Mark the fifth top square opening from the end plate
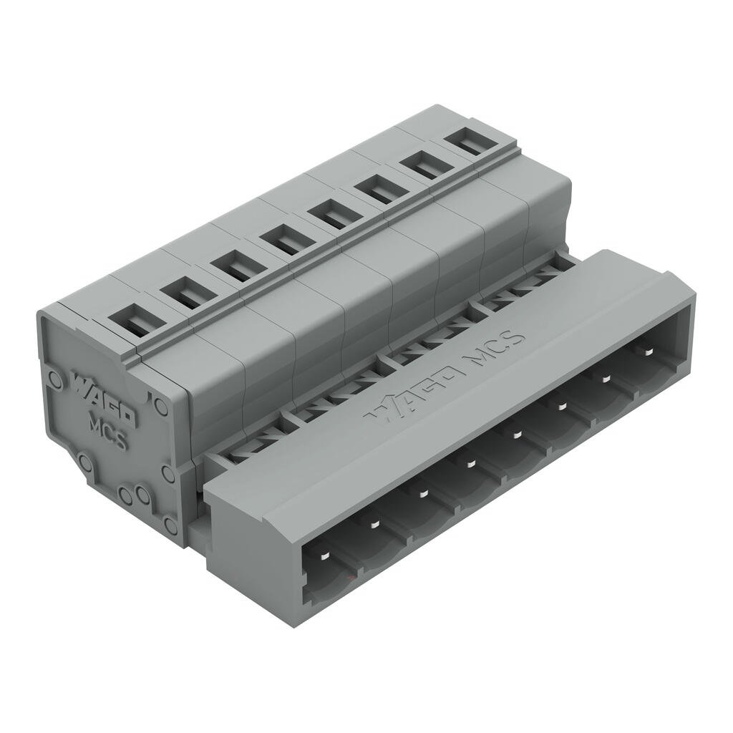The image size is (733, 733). pos(330,213)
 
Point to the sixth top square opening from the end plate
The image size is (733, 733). pos(377,190)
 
